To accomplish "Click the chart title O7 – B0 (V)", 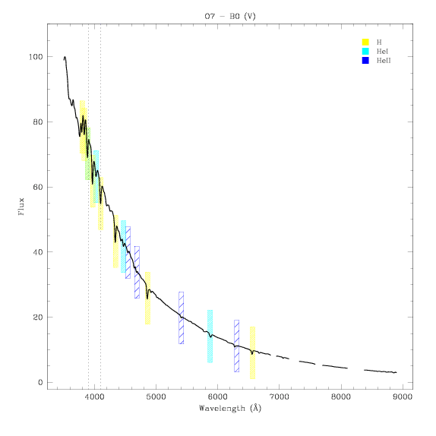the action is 230,17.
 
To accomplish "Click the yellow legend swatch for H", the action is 365,42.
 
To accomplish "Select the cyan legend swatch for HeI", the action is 365,51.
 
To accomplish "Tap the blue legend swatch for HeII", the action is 365,60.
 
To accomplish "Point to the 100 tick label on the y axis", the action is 36,57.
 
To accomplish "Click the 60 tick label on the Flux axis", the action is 38,187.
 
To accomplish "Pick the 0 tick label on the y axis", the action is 40,382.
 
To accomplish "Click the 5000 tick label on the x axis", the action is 156,397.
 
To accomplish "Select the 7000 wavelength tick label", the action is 280,397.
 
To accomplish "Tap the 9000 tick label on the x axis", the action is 403,397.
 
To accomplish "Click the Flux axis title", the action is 21,207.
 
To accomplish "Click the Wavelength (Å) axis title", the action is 230,408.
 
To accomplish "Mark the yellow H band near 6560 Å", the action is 252,352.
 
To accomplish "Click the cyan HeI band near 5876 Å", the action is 210,336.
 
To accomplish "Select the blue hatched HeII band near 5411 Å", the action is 181,318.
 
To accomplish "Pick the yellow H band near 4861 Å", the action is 147,298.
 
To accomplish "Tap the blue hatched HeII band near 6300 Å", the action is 237,346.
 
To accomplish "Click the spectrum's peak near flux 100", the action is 65,57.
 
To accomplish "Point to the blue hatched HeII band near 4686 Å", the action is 137,272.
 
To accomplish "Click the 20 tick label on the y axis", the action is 38,318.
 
